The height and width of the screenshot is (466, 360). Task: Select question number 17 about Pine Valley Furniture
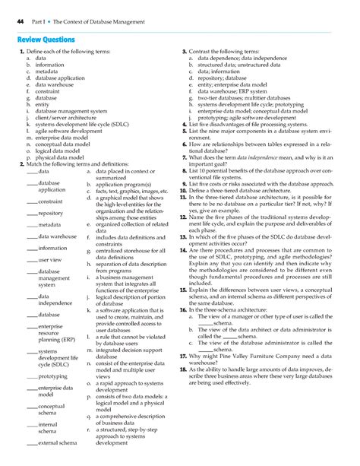183,355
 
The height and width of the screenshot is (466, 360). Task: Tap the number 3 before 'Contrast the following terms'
184,51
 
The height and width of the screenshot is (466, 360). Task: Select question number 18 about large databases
183,368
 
